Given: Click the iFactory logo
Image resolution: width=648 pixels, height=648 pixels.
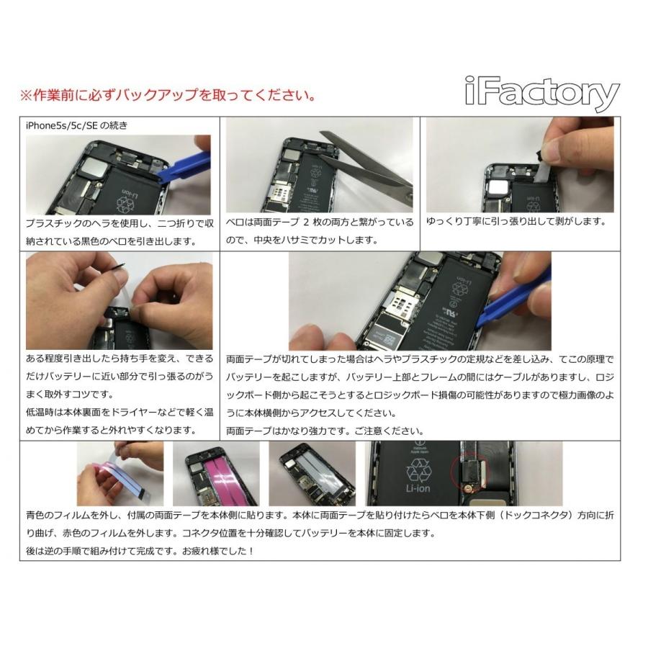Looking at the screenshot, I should tap(541, 95).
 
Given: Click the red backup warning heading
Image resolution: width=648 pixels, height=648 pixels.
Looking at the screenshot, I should tap(167, 95).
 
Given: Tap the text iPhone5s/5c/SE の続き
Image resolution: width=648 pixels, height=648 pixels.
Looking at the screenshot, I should tap(76, 125).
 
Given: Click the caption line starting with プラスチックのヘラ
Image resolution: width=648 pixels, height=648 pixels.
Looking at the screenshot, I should tap(120, 224).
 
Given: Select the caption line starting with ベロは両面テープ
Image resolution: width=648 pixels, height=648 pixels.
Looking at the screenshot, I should tap(320, 222).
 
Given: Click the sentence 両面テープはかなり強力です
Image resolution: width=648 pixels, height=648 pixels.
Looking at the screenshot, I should tap(320, 431).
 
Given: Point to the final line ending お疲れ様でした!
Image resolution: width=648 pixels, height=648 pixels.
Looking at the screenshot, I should tap(149, 551).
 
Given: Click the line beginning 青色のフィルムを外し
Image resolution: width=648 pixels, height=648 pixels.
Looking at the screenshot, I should tap(317, 516).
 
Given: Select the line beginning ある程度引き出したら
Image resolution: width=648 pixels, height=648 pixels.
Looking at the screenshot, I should tap(120, 358).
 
